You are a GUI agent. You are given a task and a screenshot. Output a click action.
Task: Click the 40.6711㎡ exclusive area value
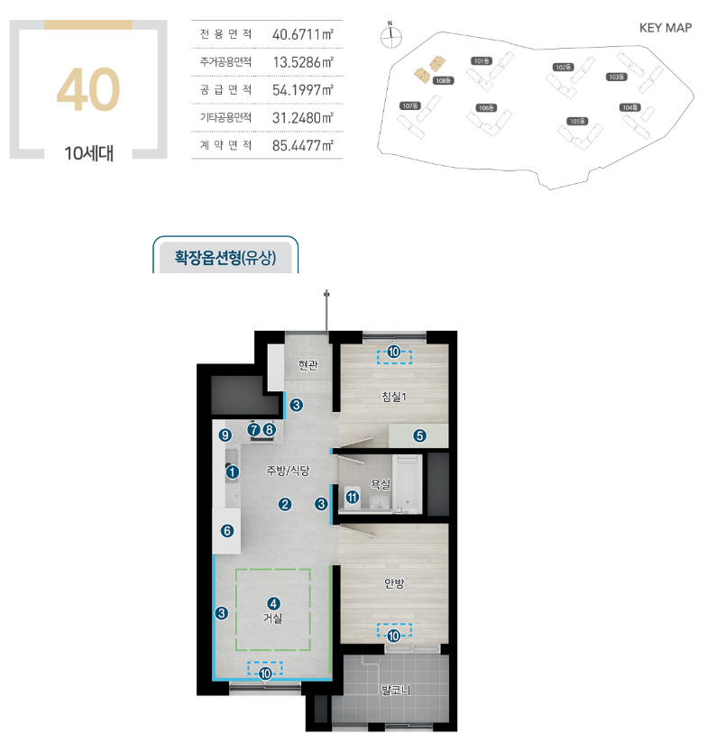point(303,34)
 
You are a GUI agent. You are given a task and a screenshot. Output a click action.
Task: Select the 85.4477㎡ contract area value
point(303,145)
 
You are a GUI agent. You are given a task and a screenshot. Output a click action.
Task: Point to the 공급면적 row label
point(225,90)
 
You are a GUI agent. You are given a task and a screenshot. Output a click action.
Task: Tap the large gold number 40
point(88,89)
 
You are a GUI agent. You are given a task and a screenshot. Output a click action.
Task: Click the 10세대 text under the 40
point(89,153)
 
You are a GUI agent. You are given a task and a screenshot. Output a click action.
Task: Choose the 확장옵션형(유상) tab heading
point(225,258)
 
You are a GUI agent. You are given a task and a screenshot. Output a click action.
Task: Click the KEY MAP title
point(666,28)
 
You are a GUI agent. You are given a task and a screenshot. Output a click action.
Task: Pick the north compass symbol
point(391,35)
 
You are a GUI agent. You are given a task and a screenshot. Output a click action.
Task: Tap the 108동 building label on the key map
point(444,80)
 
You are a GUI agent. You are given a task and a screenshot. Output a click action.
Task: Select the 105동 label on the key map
point(577,121)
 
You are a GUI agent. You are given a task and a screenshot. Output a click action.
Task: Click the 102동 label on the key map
point(563,68)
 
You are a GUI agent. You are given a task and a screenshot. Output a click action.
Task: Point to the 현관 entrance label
point(308,365)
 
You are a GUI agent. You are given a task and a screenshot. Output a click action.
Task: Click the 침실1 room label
point(394,397)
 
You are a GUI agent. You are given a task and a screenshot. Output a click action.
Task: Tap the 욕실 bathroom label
point(381,483)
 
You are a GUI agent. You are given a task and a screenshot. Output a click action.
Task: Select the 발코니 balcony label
point(396,690)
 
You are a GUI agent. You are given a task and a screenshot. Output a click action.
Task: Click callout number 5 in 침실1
point(419,435)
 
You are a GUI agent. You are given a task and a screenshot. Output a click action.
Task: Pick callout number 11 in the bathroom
point(352,498)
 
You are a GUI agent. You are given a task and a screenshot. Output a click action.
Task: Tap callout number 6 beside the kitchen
point(227,531)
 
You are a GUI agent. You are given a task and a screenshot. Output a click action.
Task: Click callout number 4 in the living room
point(273,603)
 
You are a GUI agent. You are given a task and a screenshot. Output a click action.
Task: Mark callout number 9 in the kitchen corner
point(225,435)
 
